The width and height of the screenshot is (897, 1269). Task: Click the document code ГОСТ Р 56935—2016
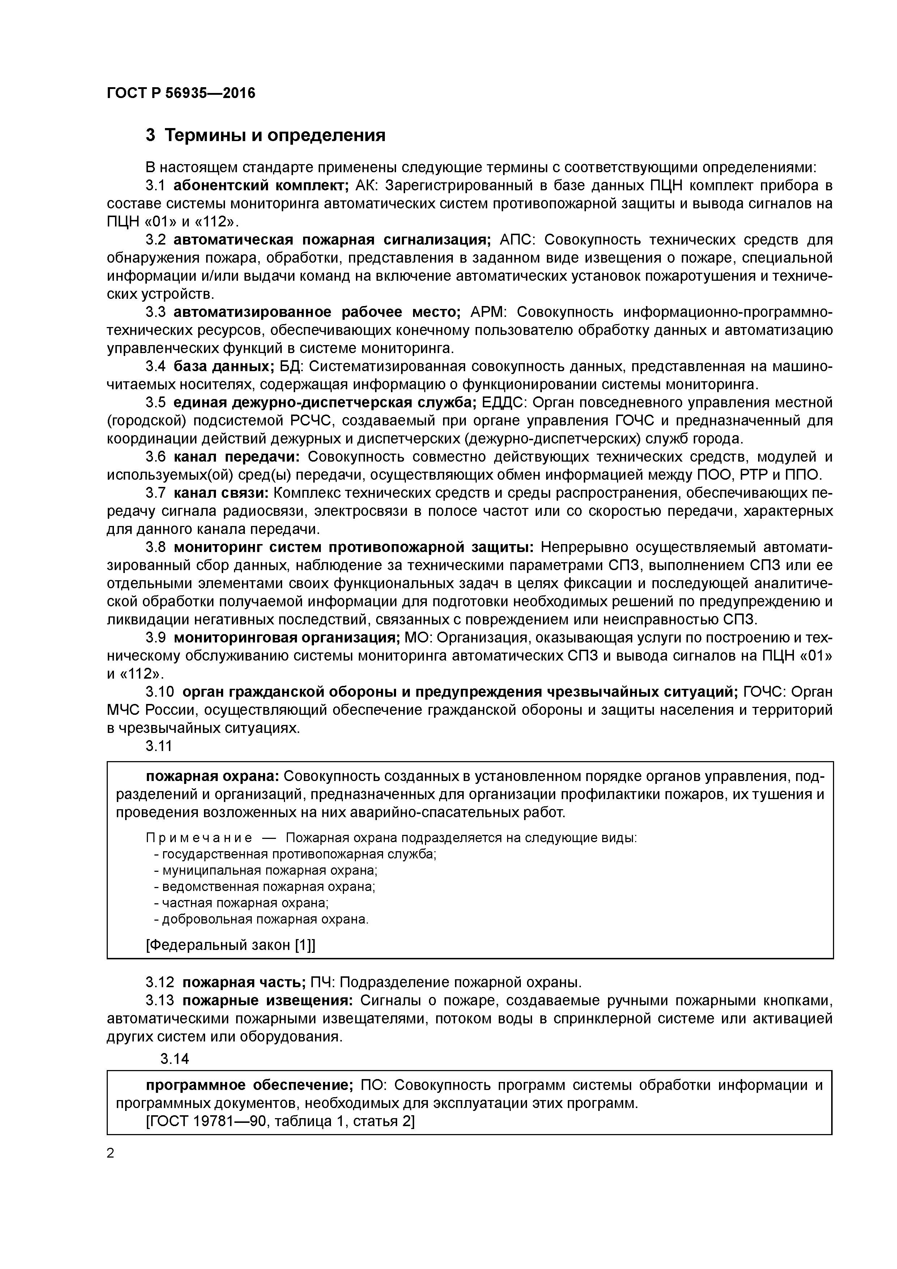point(181,93)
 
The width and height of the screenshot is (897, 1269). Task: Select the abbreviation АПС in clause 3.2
point(515,239)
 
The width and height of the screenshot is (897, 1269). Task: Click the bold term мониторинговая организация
point(287,637)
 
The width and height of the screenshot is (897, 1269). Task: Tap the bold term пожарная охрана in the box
point(212,776)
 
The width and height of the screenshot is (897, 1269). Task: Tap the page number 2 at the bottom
point(111,1153)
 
